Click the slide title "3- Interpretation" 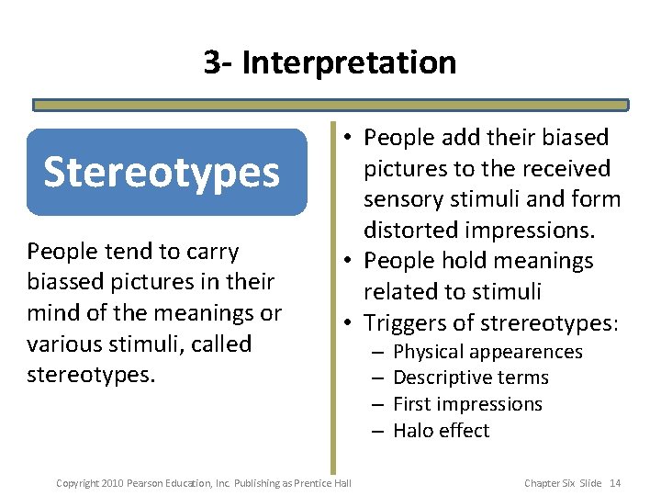pos(330,62)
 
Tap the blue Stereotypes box pos(166,172)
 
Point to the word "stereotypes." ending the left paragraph pos(80,375)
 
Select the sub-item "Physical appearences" pos(487,352)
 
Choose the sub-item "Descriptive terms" pos(470,378)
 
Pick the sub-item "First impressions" pos(467,404)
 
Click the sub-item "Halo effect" pos(441,431)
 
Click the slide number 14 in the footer pos(615,483)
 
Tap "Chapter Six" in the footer pos(549,483)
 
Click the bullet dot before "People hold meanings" pos(350,261)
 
